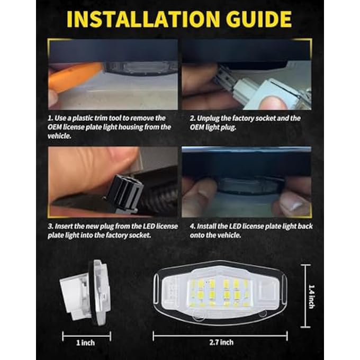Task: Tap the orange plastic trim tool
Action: (74, 76)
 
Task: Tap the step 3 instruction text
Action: (112, 230)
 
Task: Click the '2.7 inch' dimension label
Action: (219, 343)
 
